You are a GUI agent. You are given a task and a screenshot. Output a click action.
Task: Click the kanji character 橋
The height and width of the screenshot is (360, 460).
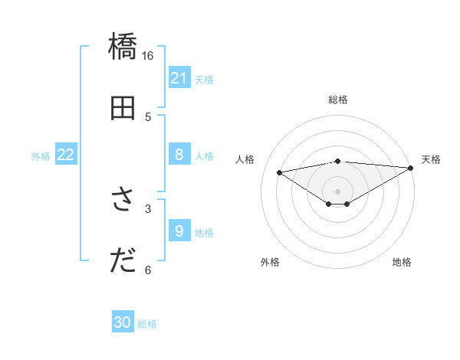[x=123, y=47]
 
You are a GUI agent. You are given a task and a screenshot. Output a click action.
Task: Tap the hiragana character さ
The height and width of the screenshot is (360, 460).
[x=123, y=201]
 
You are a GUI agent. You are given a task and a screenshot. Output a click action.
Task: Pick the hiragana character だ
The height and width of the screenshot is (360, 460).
[x=123, y=261]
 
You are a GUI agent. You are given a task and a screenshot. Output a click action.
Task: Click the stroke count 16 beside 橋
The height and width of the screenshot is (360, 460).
[x=148, y=56]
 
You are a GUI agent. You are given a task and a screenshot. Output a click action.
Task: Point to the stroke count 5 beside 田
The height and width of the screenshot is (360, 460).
[x=148, y=117]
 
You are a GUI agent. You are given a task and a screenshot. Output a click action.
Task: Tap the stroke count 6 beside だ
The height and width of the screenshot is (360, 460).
[x=148, y=270]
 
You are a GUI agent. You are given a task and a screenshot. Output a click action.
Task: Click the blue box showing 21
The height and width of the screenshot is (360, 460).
[x=179, y=78]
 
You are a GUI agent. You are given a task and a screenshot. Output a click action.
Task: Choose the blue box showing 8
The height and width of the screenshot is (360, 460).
[x=179, y=155]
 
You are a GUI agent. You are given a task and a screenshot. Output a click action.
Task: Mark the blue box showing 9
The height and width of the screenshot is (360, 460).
[x=179, y=231]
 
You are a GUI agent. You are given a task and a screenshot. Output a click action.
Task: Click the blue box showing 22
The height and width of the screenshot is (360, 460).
[x=66, y=155]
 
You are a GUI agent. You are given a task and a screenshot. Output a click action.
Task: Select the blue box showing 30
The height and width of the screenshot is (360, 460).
[x=123, y=322]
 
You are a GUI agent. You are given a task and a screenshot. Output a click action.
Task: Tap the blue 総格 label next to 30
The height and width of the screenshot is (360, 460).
[x=147, y=324]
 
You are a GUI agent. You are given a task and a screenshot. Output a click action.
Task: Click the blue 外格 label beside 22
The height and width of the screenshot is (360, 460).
[x=41, y=156]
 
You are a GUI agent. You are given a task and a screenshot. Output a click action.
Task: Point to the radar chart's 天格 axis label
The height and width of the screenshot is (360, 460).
[x=431, y=159]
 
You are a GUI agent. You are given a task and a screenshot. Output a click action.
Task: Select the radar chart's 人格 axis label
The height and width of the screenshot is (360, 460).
[x=245, y=159]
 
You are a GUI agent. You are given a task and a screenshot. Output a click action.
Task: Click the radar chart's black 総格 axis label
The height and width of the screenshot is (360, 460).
[x=338, y=100]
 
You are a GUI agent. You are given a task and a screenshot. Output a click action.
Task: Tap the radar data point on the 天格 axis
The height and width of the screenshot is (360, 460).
[x=412, y=167]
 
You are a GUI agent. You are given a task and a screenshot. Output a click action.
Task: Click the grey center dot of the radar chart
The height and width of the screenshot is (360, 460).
[x=338, y=191]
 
